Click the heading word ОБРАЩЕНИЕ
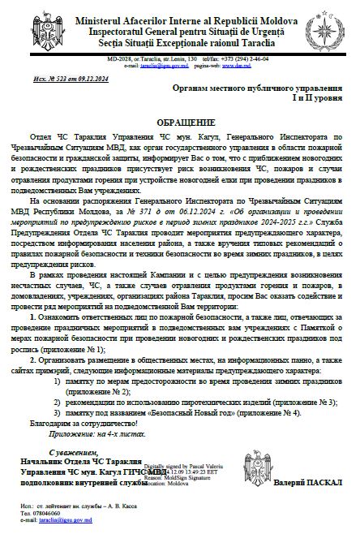[179, 120]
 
